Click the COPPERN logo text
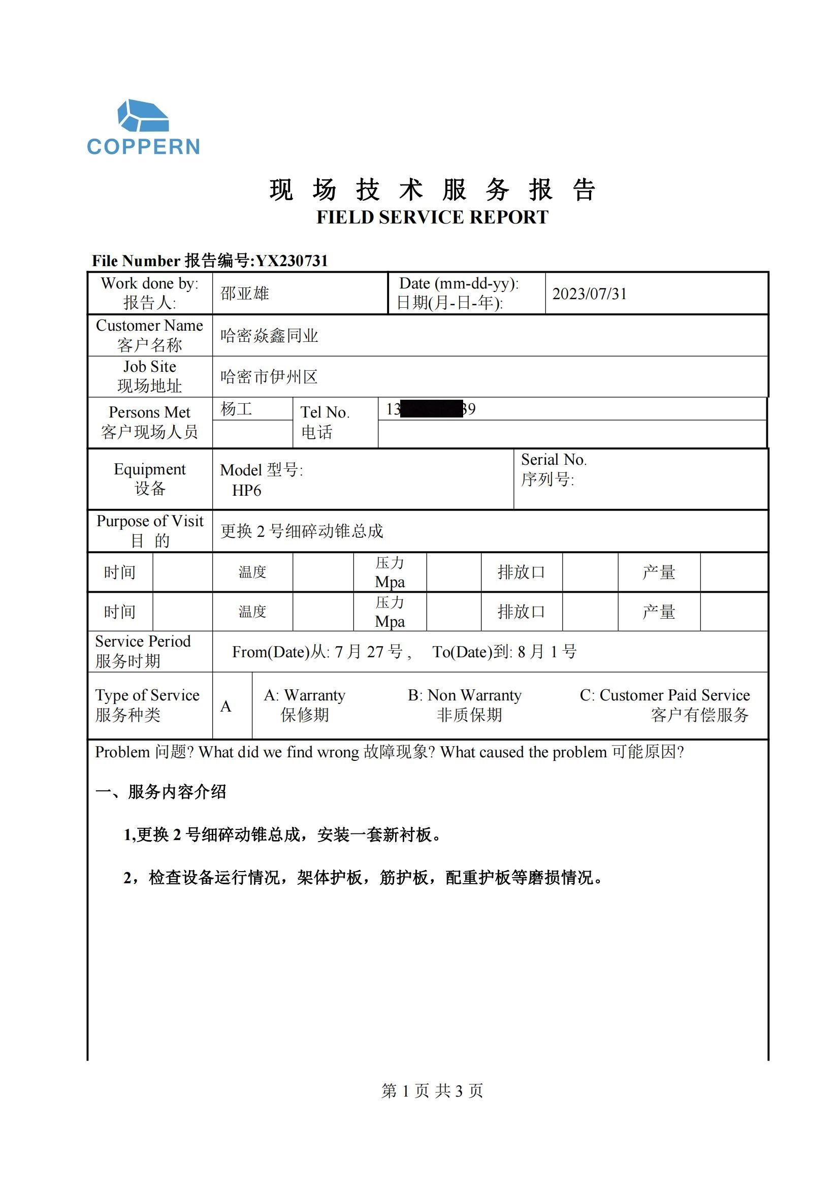(143, 147)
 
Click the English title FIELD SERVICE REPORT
(432, 217)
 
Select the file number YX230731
(292, 261)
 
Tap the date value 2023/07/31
(589, 294)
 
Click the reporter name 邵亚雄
(245, 294)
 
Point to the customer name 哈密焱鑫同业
(269, 336)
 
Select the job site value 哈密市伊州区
(269, 377)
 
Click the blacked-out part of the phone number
(431, 409)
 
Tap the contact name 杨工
(236, 409)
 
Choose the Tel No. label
(325, 412)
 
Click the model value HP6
(246, 491)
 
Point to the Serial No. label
(554, 460)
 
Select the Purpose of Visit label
(150, 521)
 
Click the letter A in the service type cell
(226, 707)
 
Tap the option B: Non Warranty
(465, 695)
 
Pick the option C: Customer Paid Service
(664, 695)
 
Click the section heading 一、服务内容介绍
(161, 792)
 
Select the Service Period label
(143, 641)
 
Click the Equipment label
(149, 469)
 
